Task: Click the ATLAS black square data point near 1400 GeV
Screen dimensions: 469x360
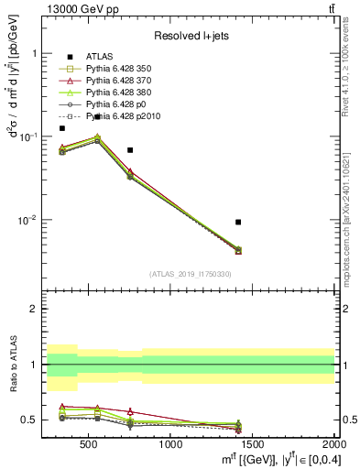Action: click(x=238, y=222)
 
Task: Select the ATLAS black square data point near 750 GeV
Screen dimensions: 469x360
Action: click(x=130, y=149)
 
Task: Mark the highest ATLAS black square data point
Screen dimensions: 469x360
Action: click(x=97, y=117)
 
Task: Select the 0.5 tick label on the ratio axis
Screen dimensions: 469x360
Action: click(x=30, y=420)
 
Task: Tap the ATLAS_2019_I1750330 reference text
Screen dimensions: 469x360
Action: click(x=190, y=274)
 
